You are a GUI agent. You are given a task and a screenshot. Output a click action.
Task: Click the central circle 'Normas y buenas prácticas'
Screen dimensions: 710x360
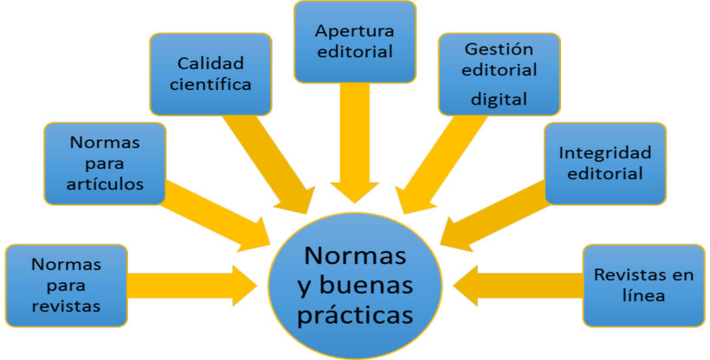pos(355,286)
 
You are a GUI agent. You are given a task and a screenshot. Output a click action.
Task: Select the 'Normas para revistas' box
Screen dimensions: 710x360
pos(66,286)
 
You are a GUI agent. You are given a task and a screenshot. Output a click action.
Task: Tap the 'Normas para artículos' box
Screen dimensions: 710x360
pos(105,164)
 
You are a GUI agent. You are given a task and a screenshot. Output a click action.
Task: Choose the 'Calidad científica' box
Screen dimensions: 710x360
pos(210,74)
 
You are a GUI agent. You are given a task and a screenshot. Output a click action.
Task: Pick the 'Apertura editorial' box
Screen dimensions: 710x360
pos(355,42)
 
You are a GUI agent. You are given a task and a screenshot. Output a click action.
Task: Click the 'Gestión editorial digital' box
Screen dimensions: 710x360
pos(500,74)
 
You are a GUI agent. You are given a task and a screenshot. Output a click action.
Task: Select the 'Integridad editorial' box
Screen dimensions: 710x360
pos(605,164)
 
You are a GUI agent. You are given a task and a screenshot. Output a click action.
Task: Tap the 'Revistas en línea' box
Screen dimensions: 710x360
pos(644,286)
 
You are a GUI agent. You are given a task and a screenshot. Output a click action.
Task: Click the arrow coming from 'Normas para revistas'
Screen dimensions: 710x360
pos(192,286)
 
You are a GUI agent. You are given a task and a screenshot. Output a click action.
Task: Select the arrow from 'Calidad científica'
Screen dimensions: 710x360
pos(269,164)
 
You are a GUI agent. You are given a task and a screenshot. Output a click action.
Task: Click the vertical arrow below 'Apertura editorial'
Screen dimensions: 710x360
pos(355,143)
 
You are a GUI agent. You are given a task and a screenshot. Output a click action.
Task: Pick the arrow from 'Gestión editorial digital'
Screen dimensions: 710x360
pos(441,164)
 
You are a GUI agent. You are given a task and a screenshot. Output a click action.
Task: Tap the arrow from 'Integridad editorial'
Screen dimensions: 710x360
pos(495,215)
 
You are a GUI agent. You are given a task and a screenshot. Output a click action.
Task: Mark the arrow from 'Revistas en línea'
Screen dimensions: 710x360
pos(518,286)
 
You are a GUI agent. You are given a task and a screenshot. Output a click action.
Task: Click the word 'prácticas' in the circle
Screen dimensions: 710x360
pos(356,314)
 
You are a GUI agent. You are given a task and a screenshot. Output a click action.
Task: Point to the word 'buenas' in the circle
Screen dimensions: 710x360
pos(366,286)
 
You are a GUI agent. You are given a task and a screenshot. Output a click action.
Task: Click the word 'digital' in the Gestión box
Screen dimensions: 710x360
pos(500,99)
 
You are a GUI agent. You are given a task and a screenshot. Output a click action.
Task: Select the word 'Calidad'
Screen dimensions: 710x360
pos(210,63)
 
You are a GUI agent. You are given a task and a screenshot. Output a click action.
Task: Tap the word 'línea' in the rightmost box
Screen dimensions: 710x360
pos(643,296)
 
